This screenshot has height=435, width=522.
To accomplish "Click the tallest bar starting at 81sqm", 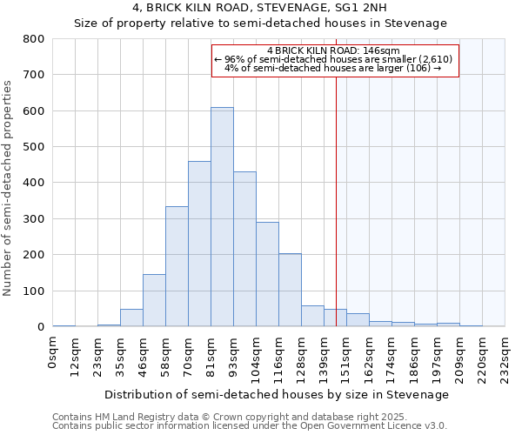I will tap(222, 217).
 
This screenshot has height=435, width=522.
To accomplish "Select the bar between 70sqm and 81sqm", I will tap(199, 244).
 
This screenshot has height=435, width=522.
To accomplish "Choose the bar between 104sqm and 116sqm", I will tap(267, 274).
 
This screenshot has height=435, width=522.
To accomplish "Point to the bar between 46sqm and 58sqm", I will tap(154, 300).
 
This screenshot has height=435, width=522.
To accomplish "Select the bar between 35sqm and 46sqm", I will tap(131, 318).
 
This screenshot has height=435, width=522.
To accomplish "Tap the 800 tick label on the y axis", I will tap(33, 39).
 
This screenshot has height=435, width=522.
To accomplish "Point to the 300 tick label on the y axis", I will tap(33, 219).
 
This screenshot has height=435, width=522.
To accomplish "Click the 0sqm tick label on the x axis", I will tap(53, 355).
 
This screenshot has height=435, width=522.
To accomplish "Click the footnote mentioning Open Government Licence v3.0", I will tap(250, 426).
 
